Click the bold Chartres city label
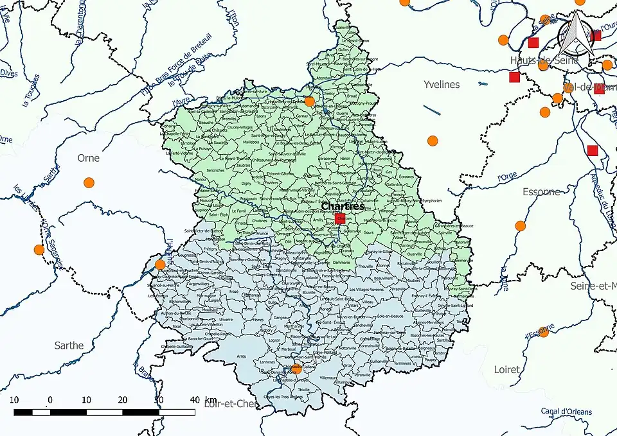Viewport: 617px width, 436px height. [343, 207]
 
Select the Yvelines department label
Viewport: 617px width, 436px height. [442, 84]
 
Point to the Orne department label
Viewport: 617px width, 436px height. [89, 157]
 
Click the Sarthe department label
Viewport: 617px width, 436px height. [69, 345]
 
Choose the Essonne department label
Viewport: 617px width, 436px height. [541, 191]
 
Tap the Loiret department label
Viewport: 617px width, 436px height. [507, 370]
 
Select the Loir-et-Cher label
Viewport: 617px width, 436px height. [229, 404]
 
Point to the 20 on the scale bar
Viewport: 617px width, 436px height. [122, 399]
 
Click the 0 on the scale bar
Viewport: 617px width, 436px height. [50, 399]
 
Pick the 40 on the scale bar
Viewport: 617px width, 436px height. [193, 399]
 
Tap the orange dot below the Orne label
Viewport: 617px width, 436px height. [89, 182]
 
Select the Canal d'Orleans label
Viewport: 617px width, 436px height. [566, 412]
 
